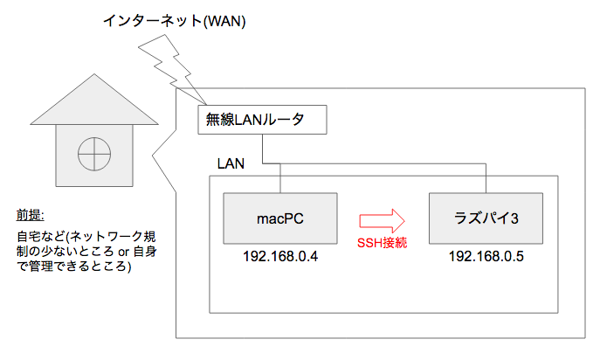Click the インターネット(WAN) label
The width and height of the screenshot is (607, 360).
click(174, 20)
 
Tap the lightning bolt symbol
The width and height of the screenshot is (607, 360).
click(172, 70)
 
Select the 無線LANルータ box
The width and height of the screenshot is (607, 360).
click(262, 120)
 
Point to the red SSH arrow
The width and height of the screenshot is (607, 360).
click(382, 221)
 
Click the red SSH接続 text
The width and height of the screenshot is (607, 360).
click(382, 243)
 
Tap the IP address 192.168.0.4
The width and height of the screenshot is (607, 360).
click(280, 256)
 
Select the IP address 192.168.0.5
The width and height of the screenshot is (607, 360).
click(486, 256)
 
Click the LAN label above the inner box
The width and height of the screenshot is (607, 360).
click(231, 163)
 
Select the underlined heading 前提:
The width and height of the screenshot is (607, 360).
click(31, 215)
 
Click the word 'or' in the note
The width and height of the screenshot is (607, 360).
click(124, 252)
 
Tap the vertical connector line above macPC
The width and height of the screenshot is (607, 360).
click(280, 178)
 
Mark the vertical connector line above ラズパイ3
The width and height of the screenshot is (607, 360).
click(486, 178)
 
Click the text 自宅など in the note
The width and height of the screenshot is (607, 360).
click(41, 236)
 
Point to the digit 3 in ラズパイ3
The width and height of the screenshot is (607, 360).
click(514, 218)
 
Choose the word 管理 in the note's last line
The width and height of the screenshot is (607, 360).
click(41, 266)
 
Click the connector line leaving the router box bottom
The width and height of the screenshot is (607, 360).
click(263, 149)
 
